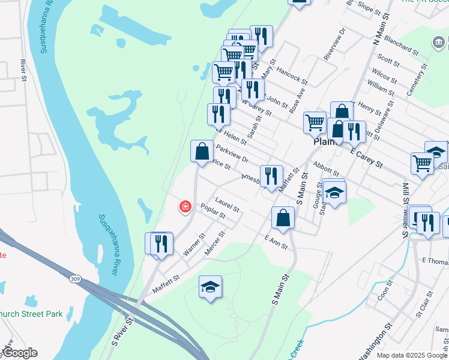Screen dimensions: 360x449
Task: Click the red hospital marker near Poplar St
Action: (185, 207)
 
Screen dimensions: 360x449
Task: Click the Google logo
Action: (20, 353)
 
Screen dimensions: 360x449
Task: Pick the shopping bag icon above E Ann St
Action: (283, 218)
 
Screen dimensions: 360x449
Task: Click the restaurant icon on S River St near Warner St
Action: (161, 244)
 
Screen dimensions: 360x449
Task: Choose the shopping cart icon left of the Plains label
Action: (315, 122)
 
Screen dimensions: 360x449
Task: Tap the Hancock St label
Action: (292, 75)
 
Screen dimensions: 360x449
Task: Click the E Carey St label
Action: (366, 155)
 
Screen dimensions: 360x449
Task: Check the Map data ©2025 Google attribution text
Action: (412, 355)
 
